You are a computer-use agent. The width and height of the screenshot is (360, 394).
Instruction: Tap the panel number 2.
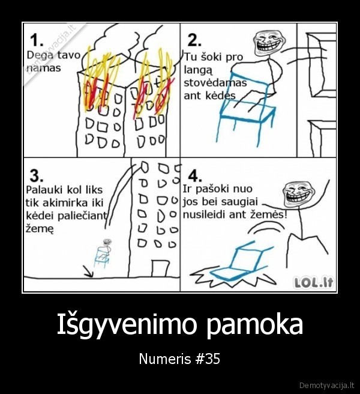(194, 40)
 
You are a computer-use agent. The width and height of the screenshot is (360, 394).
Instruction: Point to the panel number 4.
(194, 175)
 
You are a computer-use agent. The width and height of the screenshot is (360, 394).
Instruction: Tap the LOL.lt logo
(313, 281)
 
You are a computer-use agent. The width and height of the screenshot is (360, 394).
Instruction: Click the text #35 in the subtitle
(209, 359)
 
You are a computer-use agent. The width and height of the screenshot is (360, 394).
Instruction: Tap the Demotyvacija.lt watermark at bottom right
(327, 384)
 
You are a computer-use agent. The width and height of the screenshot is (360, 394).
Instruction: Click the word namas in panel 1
(44, 68)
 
